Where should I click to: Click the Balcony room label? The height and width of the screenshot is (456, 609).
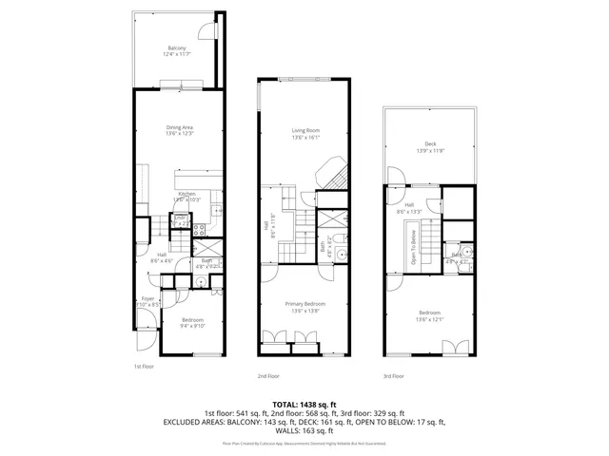pos(177,48)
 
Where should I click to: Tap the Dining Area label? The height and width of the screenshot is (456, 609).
pos(180,127)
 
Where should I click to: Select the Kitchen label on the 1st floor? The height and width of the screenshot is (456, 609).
pos(187,194)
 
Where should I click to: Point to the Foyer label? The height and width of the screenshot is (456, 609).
pos(147,298)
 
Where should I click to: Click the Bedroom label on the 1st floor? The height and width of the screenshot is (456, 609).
pos(193,320)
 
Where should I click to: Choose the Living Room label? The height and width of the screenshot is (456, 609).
pos(304,130)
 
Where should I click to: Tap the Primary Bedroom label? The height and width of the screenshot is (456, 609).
pos(304,304)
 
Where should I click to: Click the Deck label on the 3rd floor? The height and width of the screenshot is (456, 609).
pos(430,144)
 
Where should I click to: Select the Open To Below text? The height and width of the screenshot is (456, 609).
pos(414,246)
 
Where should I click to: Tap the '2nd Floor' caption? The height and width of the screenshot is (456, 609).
pos(267,375)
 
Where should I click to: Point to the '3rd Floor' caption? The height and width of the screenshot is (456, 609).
pos(393,375)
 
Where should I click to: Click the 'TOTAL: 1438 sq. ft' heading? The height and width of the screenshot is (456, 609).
pos(304,405)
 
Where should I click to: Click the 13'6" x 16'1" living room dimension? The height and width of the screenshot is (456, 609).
pos(304,138)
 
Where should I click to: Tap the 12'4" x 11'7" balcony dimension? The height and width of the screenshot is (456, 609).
pos(177,55)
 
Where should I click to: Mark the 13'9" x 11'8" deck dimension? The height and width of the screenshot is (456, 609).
pos(430,151)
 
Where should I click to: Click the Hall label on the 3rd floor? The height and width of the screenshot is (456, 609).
pos(409,204)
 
